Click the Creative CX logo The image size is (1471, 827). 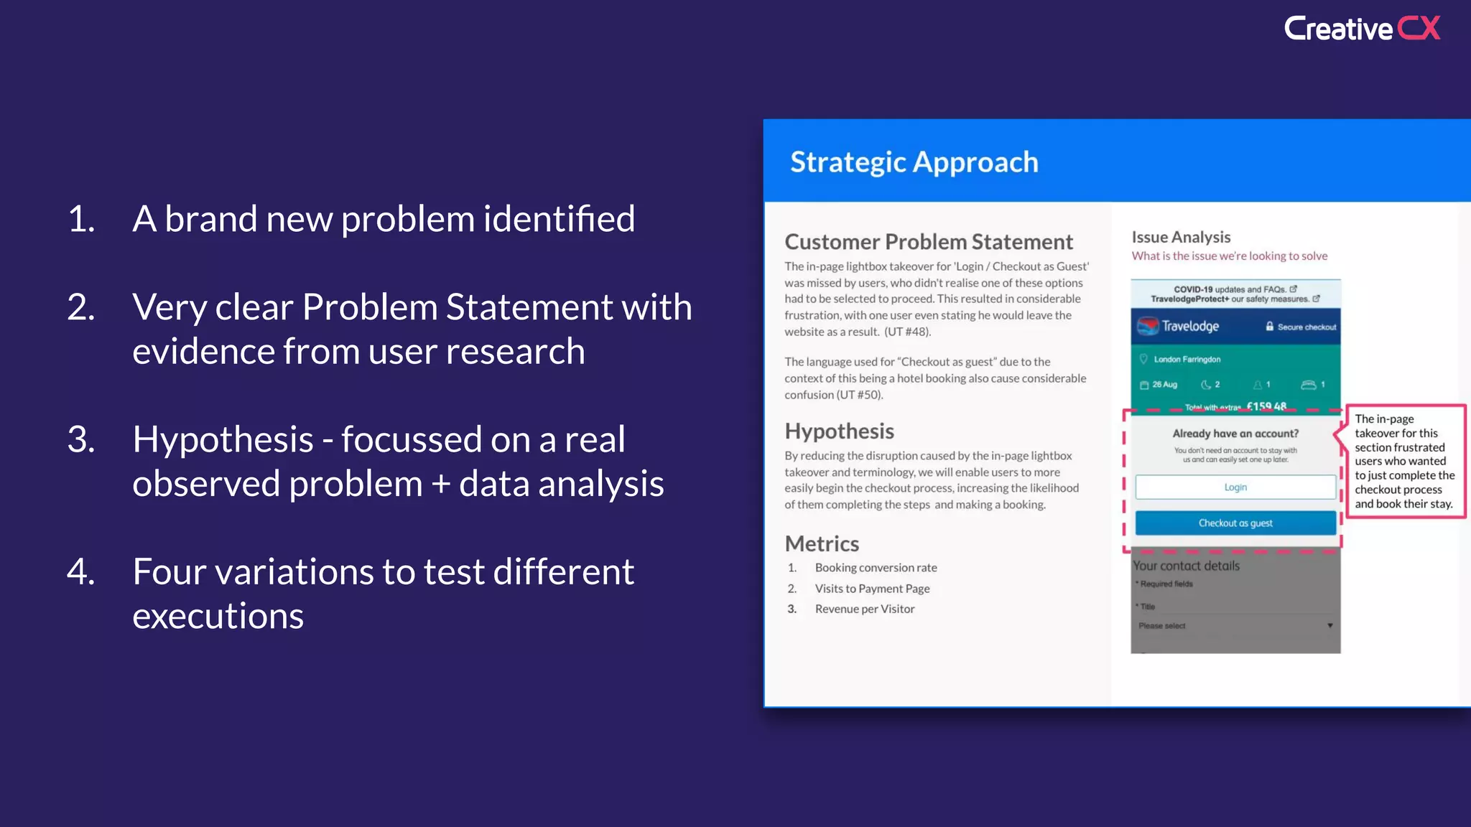1362,29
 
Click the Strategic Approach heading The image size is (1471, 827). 914,162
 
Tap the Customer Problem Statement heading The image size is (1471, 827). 928,242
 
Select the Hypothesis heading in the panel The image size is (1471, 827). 839,431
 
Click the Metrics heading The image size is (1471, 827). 822,543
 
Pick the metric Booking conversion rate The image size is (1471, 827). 876,568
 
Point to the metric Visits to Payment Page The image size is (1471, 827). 872,589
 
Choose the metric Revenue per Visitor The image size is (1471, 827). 865,609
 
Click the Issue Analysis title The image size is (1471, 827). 1181,237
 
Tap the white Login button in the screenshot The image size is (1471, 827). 1235,487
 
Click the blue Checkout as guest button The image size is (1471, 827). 1235,523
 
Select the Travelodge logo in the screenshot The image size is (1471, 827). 1179,327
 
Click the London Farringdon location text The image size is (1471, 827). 1187,360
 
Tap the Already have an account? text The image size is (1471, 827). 1235,434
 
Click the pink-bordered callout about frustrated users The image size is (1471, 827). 1404,461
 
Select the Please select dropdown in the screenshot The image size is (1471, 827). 1235,626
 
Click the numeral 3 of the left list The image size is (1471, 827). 81,439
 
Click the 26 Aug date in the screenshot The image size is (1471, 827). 1164,385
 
